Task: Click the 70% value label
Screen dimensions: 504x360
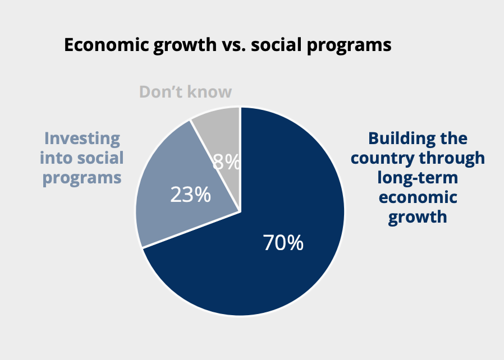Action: [x=283, y=242]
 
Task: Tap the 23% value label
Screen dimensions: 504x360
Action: [x=190, y=194]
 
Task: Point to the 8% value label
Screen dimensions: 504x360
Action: [x=226, y=161]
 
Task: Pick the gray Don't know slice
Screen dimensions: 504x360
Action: [x=222, y=138]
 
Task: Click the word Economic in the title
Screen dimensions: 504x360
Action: [x=108, y=44]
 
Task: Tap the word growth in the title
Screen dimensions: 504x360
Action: [x=185, y=45]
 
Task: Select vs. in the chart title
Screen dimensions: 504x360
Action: [x=235, y=45]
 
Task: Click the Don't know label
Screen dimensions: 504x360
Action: [x=185, y=92]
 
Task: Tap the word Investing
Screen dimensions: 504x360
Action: [x=82, y=139]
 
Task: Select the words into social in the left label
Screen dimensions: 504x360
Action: [x=81, y=158]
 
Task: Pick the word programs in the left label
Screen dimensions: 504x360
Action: [x=82, y=178]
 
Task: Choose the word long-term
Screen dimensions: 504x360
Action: [x=418, y=178]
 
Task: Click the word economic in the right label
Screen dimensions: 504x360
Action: [x=418, y=197]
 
